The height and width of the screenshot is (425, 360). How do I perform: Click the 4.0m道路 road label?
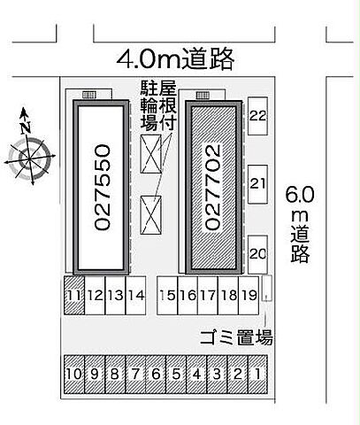pos(177,58)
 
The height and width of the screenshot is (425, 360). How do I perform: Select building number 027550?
pos(99,187)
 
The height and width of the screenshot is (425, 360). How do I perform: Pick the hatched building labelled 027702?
pos(212,187)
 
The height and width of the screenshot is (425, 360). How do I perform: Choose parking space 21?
pos(258,183)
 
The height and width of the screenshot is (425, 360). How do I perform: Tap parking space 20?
pos(258,253)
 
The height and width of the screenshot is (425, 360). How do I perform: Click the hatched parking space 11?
pos(74,296)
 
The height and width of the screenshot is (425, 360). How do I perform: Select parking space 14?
pos(135,296)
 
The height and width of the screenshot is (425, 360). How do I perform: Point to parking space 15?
pos(166,296)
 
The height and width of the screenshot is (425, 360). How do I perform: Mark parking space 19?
pos(249,296)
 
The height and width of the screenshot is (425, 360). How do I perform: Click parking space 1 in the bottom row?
pos(258,375)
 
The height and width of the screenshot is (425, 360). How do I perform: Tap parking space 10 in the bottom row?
pos(74,375)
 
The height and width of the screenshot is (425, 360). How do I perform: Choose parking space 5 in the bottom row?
pos(176,375)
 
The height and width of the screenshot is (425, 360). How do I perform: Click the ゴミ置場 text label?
pos(234,337)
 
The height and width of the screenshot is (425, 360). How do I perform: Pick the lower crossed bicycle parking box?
pos(152,212)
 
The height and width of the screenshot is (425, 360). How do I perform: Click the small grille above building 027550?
pos(89,94)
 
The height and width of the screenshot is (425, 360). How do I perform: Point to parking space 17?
pos(208,296)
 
